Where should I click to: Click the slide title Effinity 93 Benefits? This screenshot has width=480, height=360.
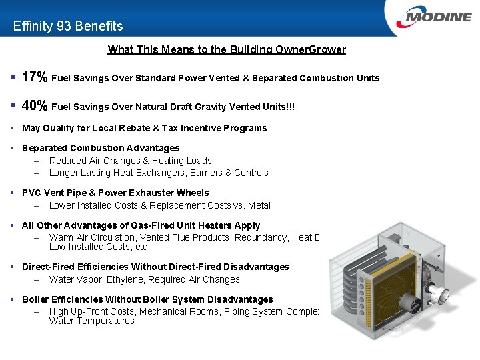68,27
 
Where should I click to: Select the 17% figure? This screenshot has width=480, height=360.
35,77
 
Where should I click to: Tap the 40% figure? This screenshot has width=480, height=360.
35,105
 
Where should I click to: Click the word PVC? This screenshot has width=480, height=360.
32,193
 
